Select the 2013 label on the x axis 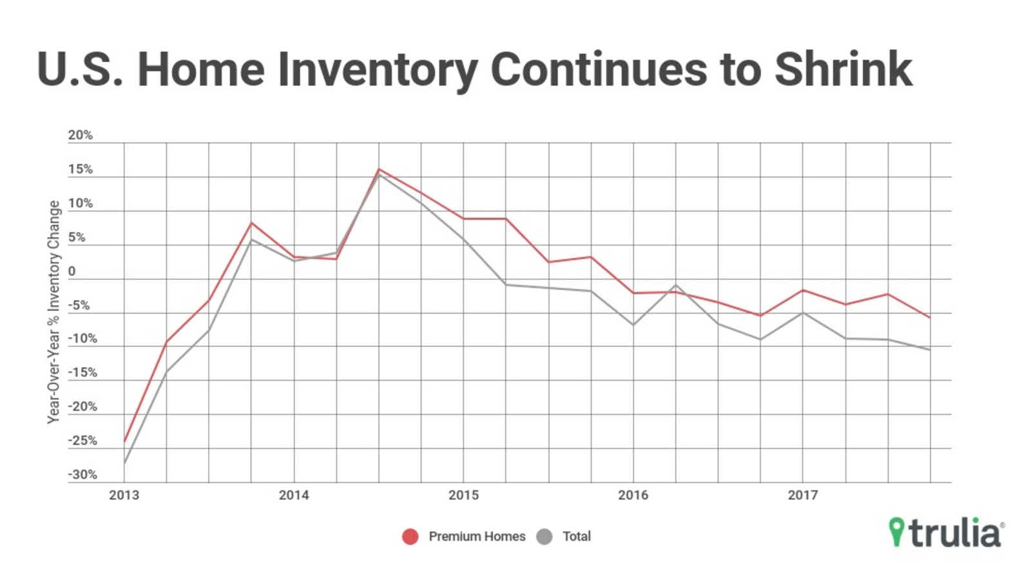click(x=124, y=495)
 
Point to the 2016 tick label click(x=633, y=495)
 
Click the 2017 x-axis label click(x=802, y=495)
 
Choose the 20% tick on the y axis click(x=81, y=135)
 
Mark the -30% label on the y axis click(x=82, y=475)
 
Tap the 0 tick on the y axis click(x=72, y=272)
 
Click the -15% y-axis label click(x=82, y=373)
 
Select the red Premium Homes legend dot click(x=410, y=537)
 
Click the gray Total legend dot click(x=544, y=537)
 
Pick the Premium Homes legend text click(x=477, y=537)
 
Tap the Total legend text click(x=576, y=537)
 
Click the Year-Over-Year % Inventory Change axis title click(x=53, y=312)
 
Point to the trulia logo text click(x=956, y=533)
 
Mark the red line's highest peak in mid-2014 click(x=379, y=170)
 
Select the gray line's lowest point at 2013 click(x=124, y=463)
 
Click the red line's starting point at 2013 click(x=124, y=441)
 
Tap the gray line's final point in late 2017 click(x=930, y=350)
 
